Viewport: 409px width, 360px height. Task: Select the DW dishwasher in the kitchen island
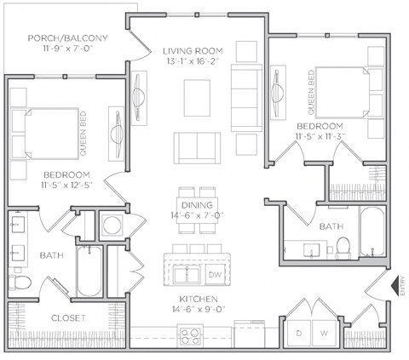[x=215, y=276]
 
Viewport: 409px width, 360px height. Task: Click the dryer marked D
[x=299, y=332]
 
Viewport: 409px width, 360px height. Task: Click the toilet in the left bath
[x=21, y=282]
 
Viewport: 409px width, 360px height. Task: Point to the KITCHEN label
[x=198, y=300]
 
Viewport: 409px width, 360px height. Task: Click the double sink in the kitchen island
[x=187, y=275]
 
